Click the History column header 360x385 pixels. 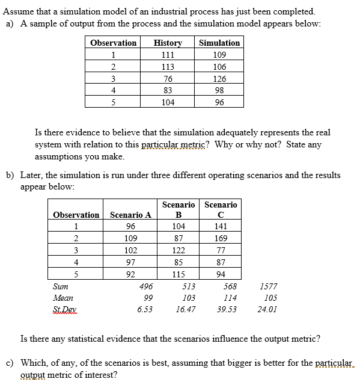(x=168, y=43)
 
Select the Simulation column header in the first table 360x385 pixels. (x=219, y=43)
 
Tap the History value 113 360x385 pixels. (x=168, y=67)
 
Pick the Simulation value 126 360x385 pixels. (x=219, y=79)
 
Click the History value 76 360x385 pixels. (x=168, y=79)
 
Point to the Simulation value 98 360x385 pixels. (x=219, y=90)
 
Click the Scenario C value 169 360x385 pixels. (x=221, y=238)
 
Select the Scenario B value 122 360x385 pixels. (x=178, y=250)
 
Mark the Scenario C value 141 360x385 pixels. (x=221, y=226)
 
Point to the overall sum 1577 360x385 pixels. (x=270, y=287)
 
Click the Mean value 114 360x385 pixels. (x=230, y=298)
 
